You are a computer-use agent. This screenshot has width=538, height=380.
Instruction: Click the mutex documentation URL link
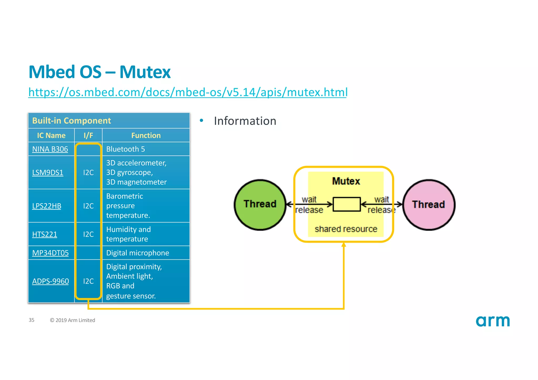coord(188,92)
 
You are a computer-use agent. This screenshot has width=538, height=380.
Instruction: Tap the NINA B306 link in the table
coord(50,149)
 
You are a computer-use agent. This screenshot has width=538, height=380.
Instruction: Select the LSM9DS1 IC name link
coord(48,173)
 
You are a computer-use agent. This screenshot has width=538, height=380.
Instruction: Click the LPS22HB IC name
coord(46,206)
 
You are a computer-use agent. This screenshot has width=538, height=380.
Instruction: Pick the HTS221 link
coord(44,234)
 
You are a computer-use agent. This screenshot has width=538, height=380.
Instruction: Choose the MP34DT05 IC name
coord(50,253)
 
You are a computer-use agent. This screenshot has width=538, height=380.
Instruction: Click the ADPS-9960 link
coord(50,281)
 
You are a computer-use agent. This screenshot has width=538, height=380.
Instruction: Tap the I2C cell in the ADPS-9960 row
coord(88,281)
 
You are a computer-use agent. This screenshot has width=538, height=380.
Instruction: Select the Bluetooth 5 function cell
coord(126,149)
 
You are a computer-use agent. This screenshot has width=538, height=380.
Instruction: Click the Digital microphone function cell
coord(137,253)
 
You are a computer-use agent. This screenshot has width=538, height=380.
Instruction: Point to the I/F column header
coord(88,136)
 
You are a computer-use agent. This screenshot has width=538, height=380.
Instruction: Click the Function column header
coord(146,136)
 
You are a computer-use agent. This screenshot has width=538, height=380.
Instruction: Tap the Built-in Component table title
coord(71,121)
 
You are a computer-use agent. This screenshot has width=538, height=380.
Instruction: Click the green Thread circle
coord(260,205)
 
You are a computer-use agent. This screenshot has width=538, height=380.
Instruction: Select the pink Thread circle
coord(428,205)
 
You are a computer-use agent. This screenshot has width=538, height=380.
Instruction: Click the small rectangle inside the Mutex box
coord(346,204)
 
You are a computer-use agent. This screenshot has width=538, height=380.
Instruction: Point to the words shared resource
coord(346,229)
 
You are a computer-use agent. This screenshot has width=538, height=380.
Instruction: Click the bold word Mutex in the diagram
coord(346,181)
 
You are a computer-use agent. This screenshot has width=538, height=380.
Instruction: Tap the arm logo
coord(493,321)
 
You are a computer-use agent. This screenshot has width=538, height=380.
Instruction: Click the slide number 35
coord(32,320)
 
